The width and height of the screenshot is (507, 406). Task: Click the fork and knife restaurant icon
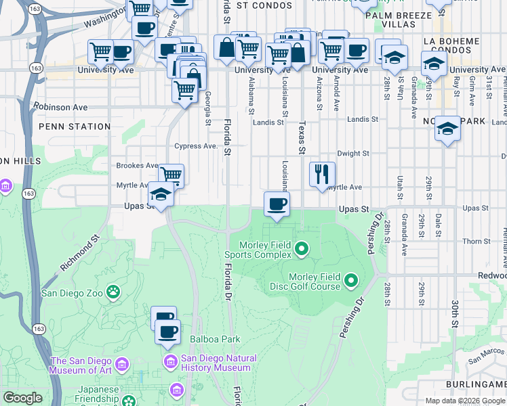coord(323,174)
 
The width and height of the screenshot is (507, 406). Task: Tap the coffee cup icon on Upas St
coord(277,203)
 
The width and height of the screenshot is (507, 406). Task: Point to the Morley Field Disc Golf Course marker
coord(351,279)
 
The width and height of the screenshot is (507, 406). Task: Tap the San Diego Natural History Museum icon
coord(170,363)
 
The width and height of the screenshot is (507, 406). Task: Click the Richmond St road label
coord(79,253)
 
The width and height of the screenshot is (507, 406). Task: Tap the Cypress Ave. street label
coord(196,145)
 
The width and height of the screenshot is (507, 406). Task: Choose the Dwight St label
coord(352,154)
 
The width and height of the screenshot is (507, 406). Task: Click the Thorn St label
coord(476,242)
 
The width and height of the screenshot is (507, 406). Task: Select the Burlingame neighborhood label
coord(476,384)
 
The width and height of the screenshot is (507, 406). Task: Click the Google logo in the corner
coord(22,398)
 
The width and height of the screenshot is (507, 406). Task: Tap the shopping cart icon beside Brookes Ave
coord(171,176)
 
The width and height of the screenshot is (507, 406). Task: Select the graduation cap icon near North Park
coord(447,129)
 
